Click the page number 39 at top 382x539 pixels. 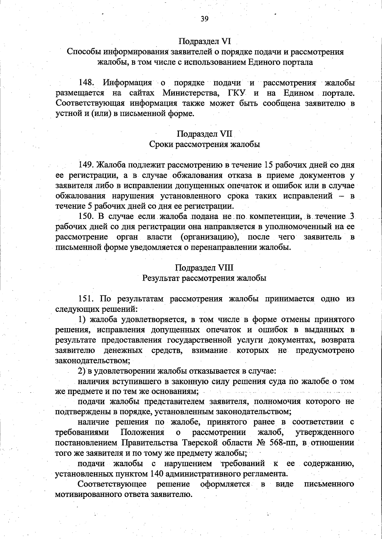(204, 19)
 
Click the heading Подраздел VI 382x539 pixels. (204, 41)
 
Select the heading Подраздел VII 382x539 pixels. (205, 134)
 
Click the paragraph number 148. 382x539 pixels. (87, 83)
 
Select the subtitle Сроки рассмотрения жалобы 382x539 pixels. (205, 144)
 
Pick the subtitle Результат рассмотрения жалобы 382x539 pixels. (204, 278)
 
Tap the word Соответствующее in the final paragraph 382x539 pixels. (112, 484)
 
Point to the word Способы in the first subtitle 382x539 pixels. (81, 52)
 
